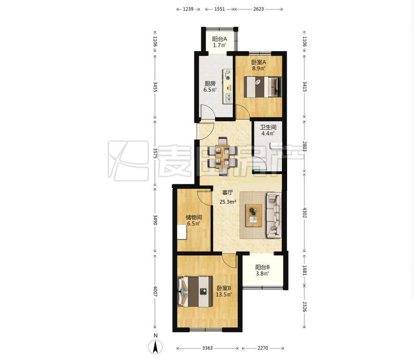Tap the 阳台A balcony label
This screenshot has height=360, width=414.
(x=219, y=39)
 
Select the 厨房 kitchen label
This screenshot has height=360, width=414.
(x=210, y=84)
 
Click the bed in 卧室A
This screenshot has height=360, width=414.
(x=263, y=87)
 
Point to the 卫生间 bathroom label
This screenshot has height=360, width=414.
(x=268, y=127)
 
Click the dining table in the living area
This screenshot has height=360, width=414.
(x=222, y=156)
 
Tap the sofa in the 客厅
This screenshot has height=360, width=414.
(x=274, y=214)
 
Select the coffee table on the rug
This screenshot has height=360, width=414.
(x=253, y=215)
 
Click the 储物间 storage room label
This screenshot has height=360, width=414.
(x=194, y=218)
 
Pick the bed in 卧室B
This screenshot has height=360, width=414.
(x=195, y=292)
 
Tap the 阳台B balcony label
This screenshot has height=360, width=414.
(x=262, y=267)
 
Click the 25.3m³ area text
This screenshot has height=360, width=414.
(x=228, y=202)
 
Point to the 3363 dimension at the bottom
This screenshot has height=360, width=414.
(x=207, y=348)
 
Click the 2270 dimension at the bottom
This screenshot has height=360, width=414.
(x=263, y=348)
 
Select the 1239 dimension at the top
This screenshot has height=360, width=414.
(x=188, y=9)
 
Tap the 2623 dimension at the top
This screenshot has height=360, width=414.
(x=259, y=9)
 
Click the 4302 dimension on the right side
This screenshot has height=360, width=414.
(x=305, y=213)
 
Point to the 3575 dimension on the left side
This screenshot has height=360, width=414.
(x=155, y=153)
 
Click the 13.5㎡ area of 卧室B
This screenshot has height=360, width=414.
(x=224, y=294)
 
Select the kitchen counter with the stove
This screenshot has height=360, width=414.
(x=228, y=86)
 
